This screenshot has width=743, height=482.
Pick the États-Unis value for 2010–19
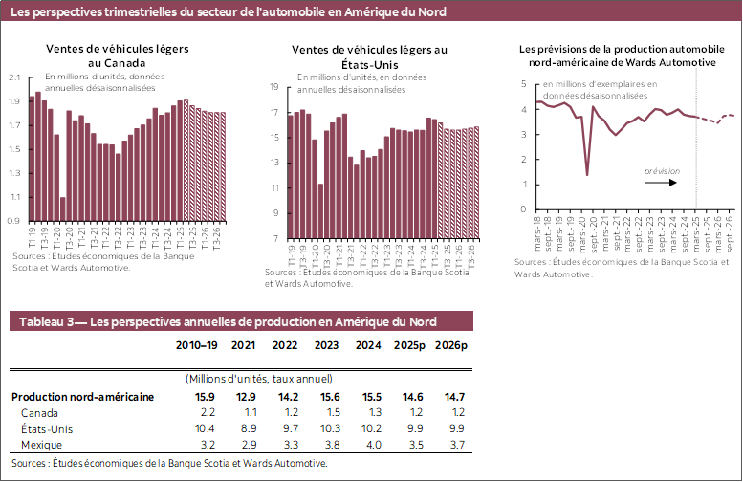[205, 429]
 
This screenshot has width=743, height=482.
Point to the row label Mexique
[41, 446]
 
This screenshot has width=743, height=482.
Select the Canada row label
[39, 412]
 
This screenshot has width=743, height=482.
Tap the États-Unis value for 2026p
[449, 429]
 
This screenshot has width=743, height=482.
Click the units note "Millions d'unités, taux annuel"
[258, 379]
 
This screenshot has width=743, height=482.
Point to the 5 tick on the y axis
[523, 84]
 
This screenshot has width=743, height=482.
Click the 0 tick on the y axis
[523, 209]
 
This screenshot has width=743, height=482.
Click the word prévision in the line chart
[662, 171]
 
